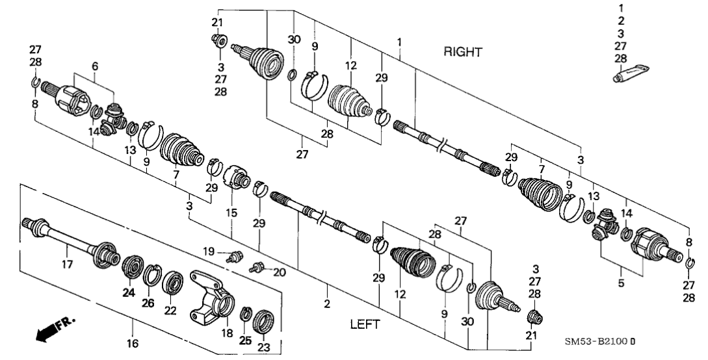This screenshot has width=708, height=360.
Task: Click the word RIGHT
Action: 463,53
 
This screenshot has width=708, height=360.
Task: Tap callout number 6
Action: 95,66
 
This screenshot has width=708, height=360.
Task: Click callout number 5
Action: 620,283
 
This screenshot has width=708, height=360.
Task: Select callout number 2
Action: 327,303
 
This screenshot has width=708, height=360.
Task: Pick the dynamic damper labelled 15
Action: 237,177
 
